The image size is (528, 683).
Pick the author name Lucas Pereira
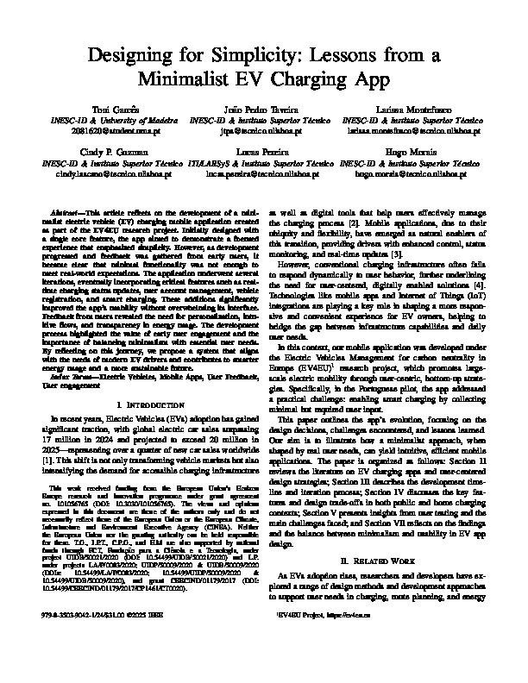click(264, 152)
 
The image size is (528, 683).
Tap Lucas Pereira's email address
click(264, 173)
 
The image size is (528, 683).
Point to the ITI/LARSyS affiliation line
click(264, 163)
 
